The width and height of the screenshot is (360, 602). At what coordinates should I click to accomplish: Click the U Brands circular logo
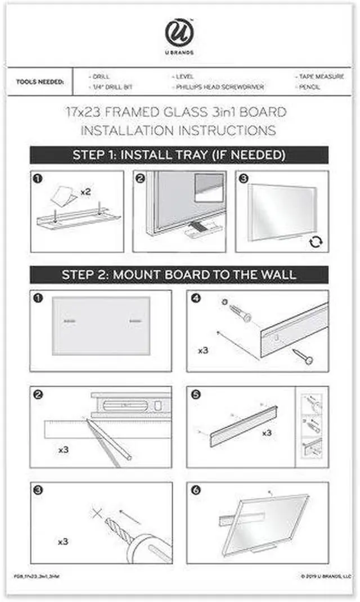[x=179, y=33]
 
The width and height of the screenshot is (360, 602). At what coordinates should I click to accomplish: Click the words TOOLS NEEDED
[x=40, y=82]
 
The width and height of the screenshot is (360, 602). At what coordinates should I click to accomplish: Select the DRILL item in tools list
[x=101, y=76]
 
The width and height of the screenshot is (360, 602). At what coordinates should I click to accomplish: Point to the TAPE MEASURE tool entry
[x=321, y=76]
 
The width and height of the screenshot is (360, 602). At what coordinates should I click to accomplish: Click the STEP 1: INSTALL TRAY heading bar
[x=179, y=155]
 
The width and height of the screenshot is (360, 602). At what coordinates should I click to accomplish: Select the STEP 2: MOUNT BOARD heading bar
[x=179, y=275]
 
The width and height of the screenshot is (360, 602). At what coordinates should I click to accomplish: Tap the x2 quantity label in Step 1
[x=85, y=192]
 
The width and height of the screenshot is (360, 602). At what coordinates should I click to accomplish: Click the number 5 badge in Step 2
[x=195, y=395]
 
